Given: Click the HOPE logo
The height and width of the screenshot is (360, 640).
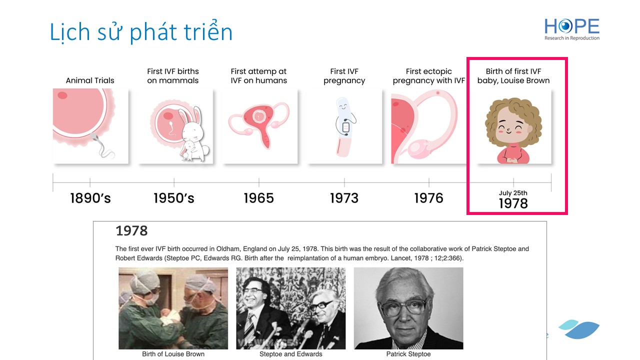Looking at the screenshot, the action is point(571,29).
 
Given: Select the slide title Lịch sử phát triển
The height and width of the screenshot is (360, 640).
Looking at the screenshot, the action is point(141,32).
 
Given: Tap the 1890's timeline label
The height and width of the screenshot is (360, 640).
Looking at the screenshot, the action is point(90,198).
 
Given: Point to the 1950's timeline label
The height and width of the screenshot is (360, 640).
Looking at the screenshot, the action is point(173,198).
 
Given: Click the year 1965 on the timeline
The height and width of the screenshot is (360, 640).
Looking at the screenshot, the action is point(258,198).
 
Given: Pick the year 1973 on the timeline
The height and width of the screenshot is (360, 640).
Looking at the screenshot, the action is point(344,198).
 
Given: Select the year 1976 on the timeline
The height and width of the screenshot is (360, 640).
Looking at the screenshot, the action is point(428,198).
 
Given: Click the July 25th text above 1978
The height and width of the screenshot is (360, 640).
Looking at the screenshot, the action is point(513,193).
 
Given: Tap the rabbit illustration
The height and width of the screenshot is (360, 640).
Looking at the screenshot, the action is point(193,134).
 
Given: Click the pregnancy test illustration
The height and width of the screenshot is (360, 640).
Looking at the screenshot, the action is point(345,127).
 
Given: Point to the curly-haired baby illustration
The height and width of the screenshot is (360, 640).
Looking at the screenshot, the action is point(513,130).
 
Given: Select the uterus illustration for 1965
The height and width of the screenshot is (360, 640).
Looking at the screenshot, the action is point(259,125).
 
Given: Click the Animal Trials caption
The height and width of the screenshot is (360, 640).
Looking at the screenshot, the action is point(90,80).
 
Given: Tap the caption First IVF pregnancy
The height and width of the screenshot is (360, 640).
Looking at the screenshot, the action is point(344,76).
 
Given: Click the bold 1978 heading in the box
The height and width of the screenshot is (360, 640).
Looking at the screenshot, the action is point(131,231).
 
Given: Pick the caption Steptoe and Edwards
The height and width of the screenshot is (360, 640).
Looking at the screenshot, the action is point(291,354).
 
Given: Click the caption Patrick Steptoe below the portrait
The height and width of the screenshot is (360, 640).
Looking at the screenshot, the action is point(408,354).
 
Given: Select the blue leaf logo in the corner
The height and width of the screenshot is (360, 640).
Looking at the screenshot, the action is point(579,329).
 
